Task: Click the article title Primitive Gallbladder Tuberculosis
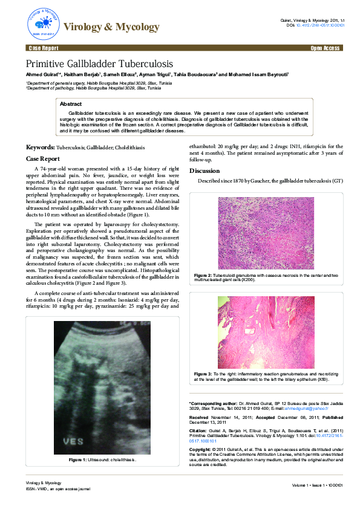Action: tap(99, 63)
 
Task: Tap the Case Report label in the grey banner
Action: tap(43, 47)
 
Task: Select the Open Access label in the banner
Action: tap(324, 47)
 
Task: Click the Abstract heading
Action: tap(71, 104)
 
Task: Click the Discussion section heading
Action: tap(205, 170)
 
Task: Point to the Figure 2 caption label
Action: tap(202, 276)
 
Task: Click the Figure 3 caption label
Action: tap(202, 374)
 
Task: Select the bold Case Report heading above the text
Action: tap(42, 158)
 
